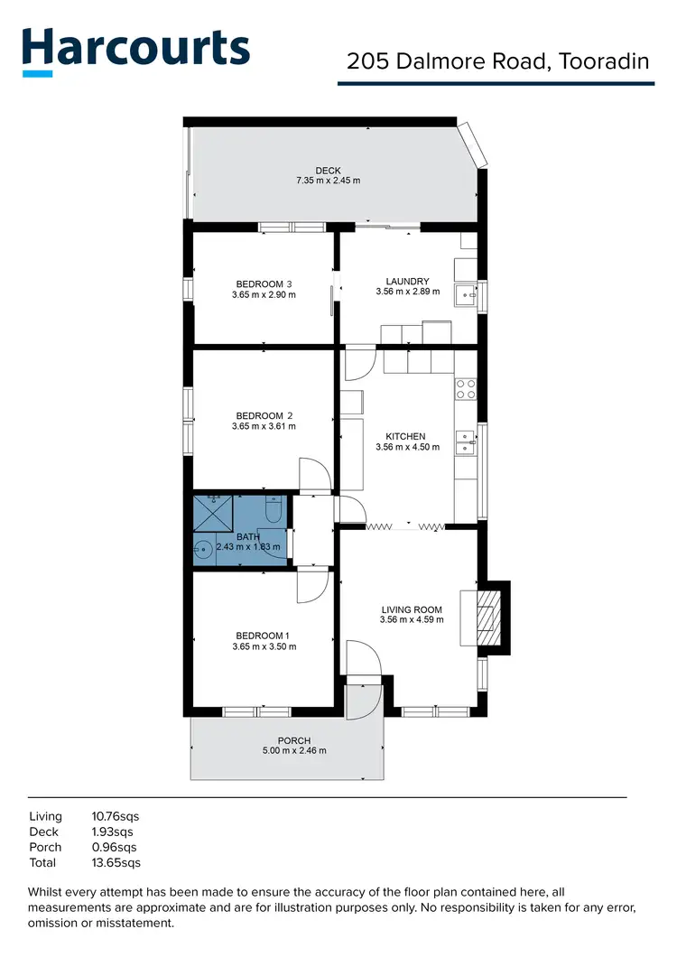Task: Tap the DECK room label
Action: tap(328, 171)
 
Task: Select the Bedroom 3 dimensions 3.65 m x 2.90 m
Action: tap(264, 294)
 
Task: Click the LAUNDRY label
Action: tap(407, 281)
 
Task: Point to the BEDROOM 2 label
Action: tap(264, 415)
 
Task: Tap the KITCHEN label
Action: tap(405, 436)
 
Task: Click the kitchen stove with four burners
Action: tap(466, 389)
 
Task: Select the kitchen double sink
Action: tap(466, 441)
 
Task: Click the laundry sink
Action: tap(467, 292)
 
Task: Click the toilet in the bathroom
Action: tap(275, 513)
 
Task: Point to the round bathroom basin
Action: tap(204, 547)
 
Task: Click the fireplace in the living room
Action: tap(487, 617)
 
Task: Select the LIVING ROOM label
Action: tap(412, 609)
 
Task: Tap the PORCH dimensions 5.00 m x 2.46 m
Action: tap(295, 750)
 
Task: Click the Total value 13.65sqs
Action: tap(116, 862)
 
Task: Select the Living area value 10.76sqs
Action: tap(116, 816)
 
